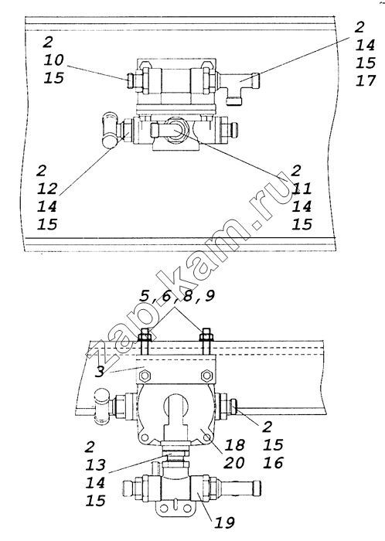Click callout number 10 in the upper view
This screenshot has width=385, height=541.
pos(54,60)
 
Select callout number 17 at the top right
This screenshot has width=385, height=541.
pos(366,80)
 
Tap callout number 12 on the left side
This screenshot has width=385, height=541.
pos(47,189)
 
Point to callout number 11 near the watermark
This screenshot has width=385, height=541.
pos(302,189)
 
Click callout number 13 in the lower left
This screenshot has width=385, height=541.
pos(96,464)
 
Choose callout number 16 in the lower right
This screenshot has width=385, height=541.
pos(273,462)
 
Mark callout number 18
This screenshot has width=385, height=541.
pos(234,445)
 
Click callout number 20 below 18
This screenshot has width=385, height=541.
pos(234,463)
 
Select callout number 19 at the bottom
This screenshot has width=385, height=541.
pos(224,522)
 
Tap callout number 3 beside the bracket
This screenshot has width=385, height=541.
pos(100,372)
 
